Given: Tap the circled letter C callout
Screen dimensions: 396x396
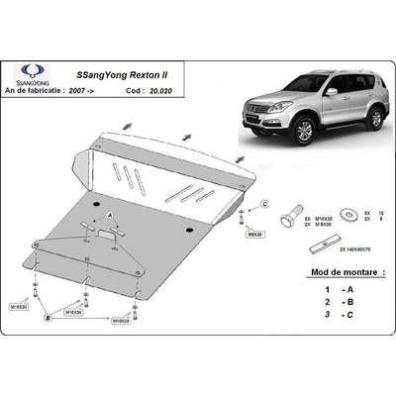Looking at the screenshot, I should (264, 204).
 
